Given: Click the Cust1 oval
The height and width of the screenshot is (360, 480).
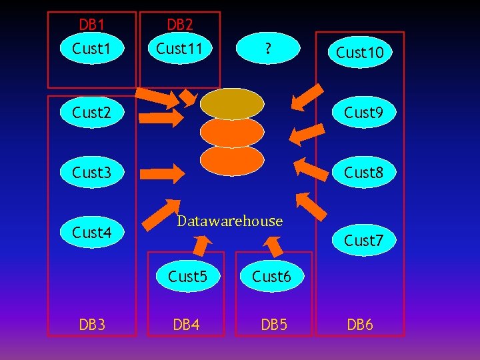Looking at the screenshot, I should [91, 48].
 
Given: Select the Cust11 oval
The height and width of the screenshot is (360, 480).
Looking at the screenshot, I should [179, 48].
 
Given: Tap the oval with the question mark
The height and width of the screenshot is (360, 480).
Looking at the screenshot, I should [266, 48].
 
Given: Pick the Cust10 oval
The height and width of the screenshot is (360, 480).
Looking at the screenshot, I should [360, 53].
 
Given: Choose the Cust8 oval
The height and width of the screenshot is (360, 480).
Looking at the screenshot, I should [363, 173].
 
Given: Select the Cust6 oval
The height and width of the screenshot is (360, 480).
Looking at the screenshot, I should [271, 276].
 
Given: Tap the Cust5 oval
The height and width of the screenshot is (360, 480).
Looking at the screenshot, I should [187, 276].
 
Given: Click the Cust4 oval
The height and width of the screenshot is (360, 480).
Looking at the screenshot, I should [91, 232].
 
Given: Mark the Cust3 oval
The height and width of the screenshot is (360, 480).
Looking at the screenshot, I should [91, 173].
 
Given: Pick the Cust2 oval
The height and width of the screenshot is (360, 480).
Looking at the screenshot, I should [91, 112].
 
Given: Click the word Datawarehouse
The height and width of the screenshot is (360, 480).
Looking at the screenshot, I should [230, 221].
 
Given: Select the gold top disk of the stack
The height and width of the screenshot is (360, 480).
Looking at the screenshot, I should [232, 103].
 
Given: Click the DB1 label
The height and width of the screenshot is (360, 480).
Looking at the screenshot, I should [91, 25].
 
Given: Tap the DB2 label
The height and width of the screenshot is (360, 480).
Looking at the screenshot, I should [179, 25].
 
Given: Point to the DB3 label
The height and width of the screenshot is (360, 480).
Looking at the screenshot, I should [91, 325].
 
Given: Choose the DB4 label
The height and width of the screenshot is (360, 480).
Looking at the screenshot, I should [187, 325].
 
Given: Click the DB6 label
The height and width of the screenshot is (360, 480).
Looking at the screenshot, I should [360, 325].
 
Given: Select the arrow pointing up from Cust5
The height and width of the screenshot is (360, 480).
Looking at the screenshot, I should [199, 246].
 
